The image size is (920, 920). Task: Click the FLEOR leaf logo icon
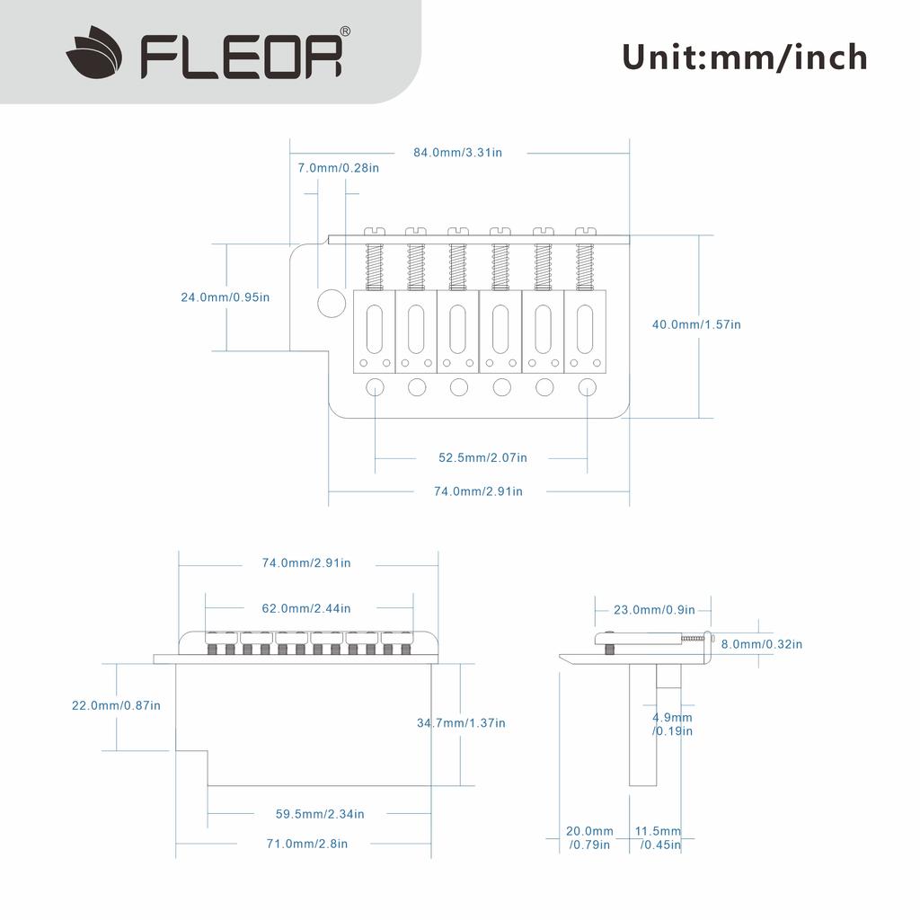(x=93, y=52)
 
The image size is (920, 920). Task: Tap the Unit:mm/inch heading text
(x=745, y=57)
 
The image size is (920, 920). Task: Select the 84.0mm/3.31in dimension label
(x=457, y=153)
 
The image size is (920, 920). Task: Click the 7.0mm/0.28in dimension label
(x=339, y=168)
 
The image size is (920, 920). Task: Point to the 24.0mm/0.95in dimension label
(x=226, y=297)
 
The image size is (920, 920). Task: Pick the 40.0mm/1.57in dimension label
(x=696, y=324)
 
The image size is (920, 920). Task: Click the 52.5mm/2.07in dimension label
(x=482, y=457)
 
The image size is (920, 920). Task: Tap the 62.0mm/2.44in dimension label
(x=306, y=608)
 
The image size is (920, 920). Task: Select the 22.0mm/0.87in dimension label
(x=116, y=705)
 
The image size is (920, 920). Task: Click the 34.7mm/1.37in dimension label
(x=461, y=723)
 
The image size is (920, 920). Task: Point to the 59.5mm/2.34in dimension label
(x=320, y=814)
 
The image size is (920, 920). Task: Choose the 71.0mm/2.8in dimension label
(x=307, y=844)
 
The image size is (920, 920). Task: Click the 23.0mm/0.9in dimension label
(x=654, y=610)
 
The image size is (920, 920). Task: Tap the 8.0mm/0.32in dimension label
(x=762, y=644)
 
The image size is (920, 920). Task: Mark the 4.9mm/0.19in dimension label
(x=672, y=724)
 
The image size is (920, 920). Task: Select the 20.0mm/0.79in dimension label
(x=589, y=838)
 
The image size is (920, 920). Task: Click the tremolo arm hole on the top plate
(x=332, y=304)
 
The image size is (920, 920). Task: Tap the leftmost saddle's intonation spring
(x=375, y=266)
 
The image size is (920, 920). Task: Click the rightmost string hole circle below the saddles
(x=588, y=387)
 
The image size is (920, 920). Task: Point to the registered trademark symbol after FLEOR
(x=345, y=31)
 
